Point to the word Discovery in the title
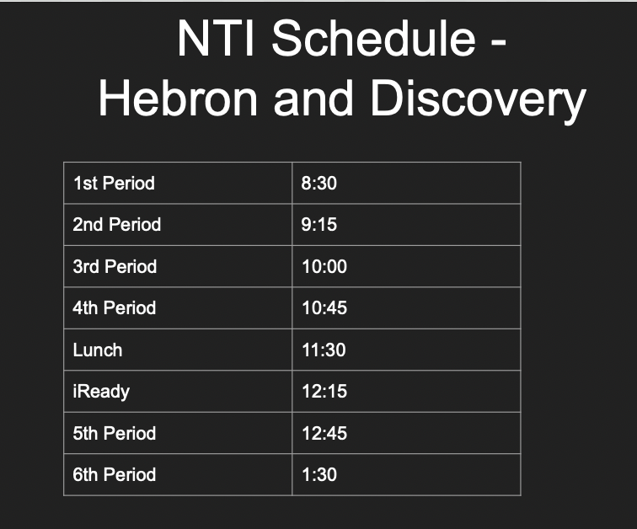pyautogui.click(x=478, y=99)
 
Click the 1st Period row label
pyautogui.click(x=114, y=183)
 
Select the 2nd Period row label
pyautogui.click(x=116, y=225)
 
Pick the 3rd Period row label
pyautogui.click(x=115, y=266)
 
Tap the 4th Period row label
pyautogui.click(x=115, y=308)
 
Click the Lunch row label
pyautogui.click(x=98, y=350)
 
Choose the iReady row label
pyautogui.click(x=101, y=392)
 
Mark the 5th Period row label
pyautogui.click(x=115, y=433)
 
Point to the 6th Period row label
pyautogui.click(x=115, y=475)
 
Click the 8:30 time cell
pyautogui.click(x=319, y=183)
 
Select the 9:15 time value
pyautogui.click(x=319, y=225)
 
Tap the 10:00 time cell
pyautogui.click(x=324, y=266)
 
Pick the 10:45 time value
pyautogui.click(x=324, y=308)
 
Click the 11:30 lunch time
pyautogui.click(x=324, y=350)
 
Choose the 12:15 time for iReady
pyautogui.click(x=324, y=392)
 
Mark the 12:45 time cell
pyautogui.click(x=324, y=433)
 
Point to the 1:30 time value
pyautogui.click(x=319, y=475)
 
